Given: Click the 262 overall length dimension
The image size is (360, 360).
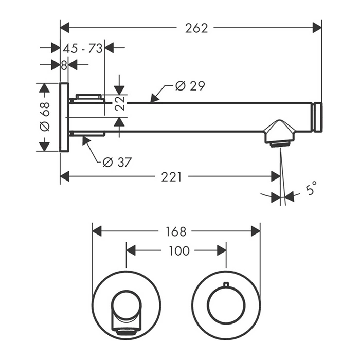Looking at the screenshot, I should click(x=197, y=28).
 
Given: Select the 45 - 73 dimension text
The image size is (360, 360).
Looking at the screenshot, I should click(x=82, y=48).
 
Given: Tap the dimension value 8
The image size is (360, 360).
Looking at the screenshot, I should click(x=64, y=65).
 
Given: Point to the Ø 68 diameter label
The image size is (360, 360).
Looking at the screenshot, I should click(x=45, y=117).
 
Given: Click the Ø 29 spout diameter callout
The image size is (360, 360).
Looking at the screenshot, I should click(x=190, y=86).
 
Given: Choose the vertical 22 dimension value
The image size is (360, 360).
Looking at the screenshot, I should click(x=120, y=103).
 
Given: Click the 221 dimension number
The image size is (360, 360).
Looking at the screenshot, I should click(x=171, y=177).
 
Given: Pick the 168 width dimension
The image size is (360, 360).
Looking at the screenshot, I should click(x=176, y=231).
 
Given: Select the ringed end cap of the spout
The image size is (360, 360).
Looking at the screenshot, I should click(x=318, y=118).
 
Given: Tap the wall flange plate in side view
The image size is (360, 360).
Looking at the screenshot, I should click(x=64, y=117).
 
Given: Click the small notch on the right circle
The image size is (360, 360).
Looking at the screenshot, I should click(x=226, y=284).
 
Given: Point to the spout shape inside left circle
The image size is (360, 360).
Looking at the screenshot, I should click(x=125, y=311).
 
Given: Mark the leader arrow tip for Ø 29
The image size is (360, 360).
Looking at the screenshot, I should click(x=150, y=100).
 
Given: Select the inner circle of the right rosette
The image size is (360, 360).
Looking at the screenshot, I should click(x=226, y=305).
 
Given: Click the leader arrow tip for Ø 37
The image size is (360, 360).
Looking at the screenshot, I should click(x=83, y=137).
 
